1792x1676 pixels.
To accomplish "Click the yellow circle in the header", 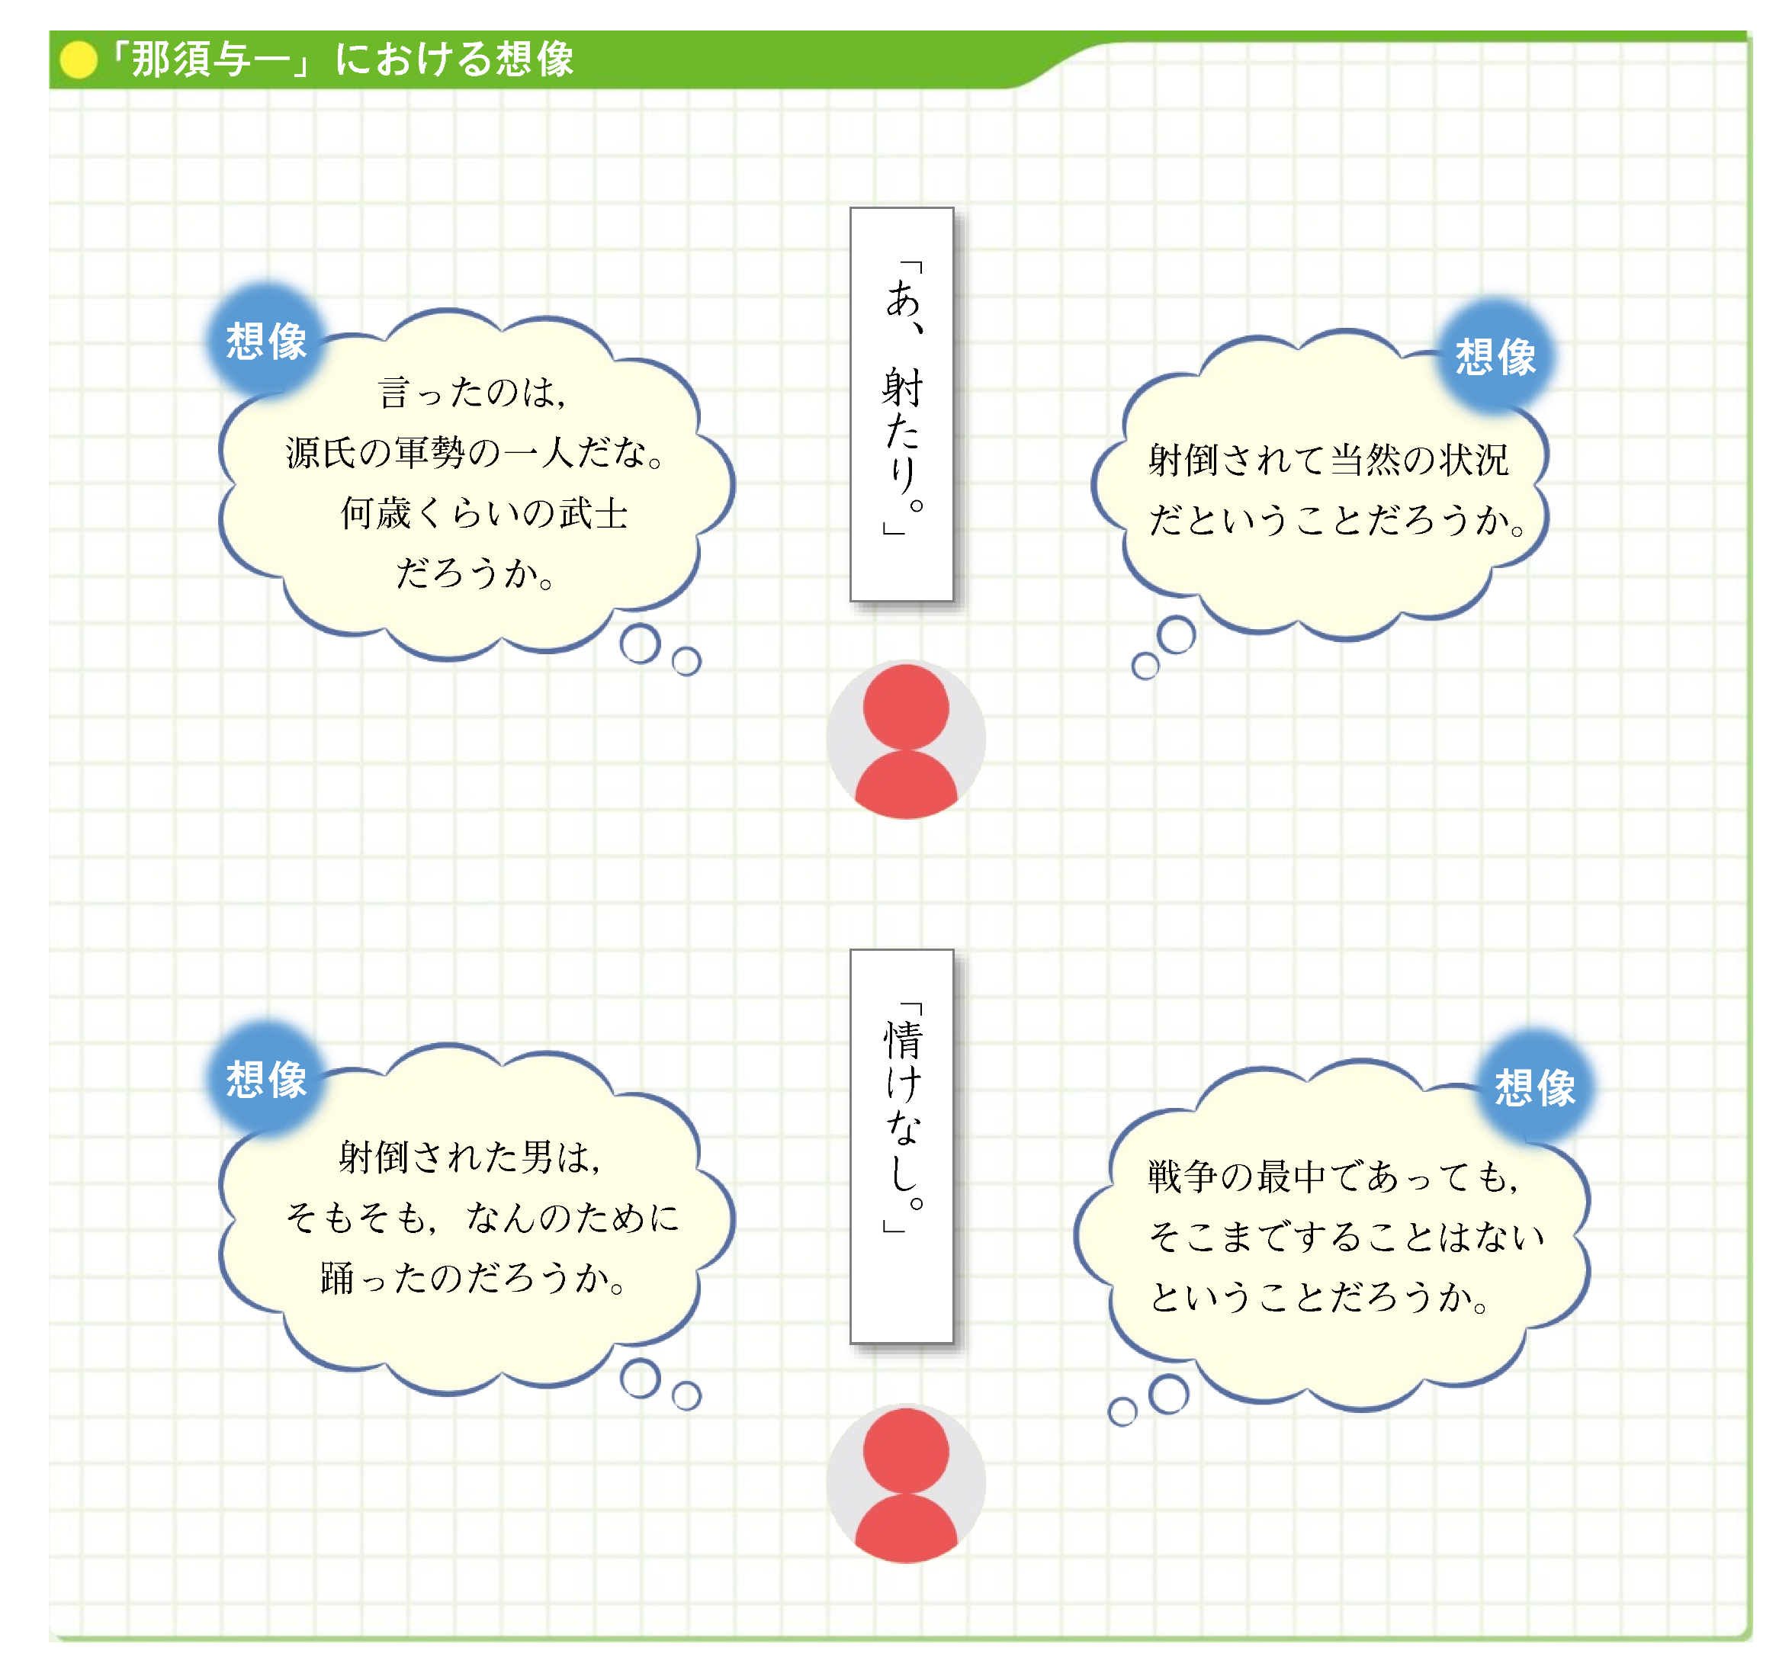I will click(x=79, y=60).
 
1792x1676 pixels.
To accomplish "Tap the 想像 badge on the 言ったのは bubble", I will click(x=266, y=342).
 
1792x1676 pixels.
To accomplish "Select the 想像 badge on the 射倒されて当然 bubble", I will click(x=1495, y=357).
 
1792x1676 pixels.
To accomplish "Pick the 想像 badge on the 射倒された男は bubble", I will click(x=266, y=1079).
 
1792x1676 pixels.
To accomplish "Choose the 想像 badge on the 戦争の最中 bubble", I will click(x=1535, y=1087).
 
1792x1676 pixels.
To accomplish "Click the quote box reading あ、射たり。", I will click(x=901, y=404).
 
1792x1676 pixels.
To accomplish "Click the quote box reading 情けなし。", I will click(x=901, y=1145).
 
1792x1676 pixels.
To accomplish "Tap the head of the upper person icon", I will click(x=906, y=707).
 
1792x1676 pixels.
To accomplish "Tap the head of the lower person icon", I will click(x=906, y=1450).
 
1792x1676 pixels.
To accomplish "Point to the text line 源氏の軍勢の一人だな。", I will click(x=476, y=453).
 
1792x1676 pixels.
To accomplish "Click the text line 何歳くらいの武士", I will click(x=484, y=514).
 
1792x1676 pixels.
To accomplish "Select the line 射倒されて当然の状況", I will click(x=1328, y=460).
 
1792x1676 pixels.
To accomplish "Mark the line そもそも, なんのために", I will click(x=482, y=1218).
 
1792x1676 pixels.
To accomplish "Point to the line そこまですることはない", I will click(x=1347, y=1236).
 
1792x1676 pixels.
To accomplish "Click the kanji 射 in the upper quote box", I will click(x=902, y=387).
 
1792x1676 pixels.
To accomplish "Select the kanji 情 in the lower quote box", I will click(x=902, y=1039).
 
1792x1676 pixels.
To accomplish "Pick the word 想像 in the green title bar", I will click(x=535, y=60).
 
